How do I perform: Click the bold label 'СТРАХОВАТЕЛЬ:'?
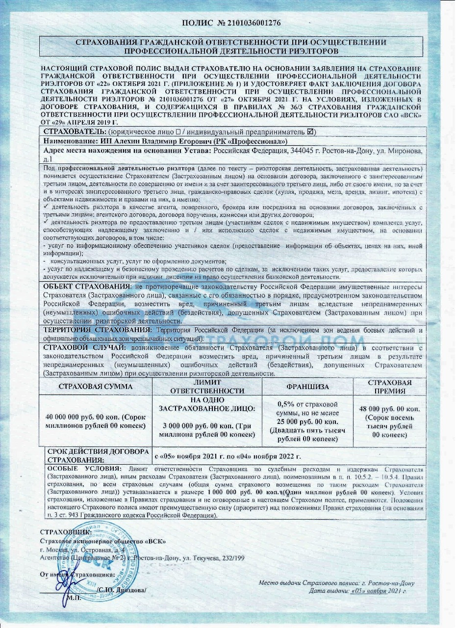pyautogui.click(x=75, y=132)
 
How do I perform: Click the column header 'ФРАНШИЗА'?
pyautogui.click(x=307, y=387)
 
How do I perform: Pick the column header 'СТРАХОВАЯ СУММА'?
pyautogui.click(x=96, y=387)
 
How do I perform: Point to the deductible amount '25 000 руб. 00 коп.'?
pyautogui.click(x=307, y=421)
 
